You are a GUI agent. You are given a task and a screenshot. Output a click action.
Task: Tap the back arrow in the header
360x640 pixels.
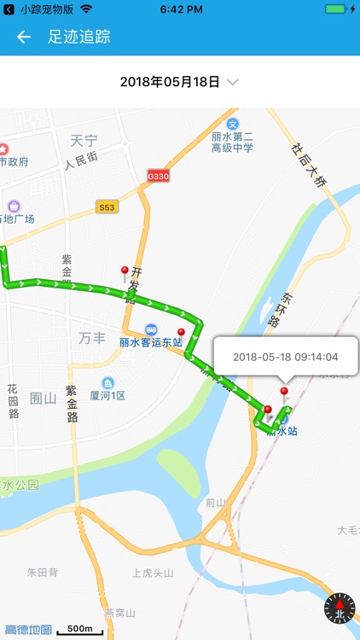[x=24, y=37]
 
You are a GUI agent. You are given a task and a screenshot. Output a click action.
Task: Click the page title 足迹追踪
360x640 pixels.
[x=79, y=37]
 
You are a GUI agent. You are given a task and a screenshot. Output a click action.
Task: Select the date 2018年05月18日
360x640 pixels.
[x=170, y=82]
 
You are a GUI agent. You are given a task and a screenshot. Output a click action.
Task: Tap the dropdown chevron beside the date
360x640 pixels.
[x=233, y=82]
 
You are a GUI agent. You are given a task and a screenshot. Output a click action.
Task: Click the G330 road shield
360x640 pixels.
[x=157, y=173]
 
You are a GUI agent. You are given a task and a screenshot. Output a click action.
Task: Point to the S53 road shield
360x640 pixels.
[x=107, y=207]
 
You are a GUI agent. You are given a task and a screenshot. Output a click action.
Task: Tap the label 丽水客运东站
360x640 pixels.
[x=150, y=343]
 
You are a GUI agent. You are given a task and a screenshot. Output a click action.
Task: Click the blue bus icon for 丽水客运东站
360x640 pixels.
[x=150, y=329]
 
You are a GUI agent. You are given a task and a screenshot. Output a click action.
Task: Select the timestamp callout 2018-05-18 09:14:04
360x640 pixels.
[x=285, y=358]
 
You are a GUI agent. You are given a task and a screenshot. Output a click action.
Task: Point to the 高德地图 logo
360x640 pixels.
[x=27, y=630]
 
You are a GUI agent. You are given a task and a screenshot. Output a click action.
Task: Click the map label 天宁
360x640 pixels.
[x=84, y=139]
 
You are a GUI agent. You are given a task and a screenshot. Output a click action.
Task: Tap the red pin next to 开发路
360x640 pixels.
[x=125, y=273]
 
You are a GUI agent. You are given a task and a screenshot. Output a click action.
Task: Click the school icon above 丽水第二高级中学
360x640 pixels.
[x=245, y=125]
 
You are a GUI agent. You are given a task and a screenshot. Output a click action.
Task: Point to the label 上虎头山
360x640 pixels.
[x=153, y=573]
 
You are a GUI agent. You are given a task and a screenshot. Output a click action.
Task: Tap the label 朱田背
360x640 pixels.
[x=41, y=573]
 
